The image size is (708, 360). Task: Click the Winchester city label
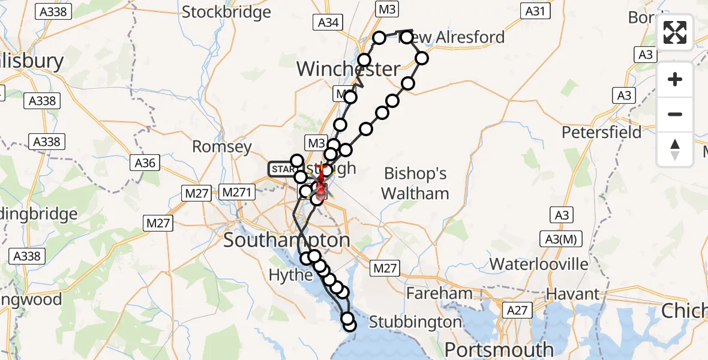tap(348, 69)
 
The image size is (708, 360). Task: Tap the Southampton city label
tap(287, 241)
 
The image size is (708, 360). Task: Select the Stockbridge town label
tap(226, 11)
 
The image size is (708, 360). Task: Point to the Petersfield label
tap(601, 132)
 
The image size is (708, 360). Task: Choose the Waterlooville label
tap(539, 264)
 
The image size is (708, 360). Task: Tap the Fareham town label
tap(440, 293)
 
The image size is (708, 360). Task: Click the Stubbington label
tap(415, 322)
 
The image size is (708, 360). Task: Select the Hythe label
tap(290, 275)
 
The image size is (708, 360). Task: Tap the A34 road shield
tap(328, 22)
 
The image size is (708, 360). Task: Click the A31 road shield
tap(535, 10)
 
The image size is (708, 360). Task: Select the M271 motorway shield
tap(238, 192)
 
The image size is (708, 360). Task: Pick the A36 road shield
tap(145, 163)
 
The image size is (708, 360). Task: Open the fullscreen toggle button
tap(675, 32)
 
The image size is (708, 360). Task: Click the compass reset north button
tap(675, 149)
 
